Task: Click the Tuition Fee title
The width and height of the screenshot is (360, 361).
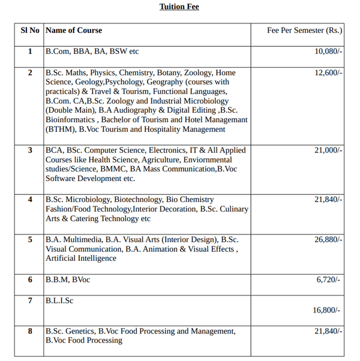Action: pyautogui.click(x=179, y=7)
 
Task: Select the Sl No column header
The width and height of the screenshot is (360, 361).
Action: pyautogui.click(x=30, y=30)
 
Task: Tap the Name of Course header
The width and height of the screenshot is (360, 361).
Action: pyautogui.click(x=74, y=30)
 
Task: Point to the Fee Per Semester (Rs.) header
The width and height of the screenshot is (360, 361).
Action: pyautogui.click(x=305, y=30)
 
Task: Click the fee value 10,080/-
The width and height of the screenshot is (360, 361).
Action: pyautogui.click(x=328, y=52)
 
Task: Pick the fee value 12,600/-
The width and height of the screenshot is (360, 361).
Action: pyautogui.click(x=328, y=73)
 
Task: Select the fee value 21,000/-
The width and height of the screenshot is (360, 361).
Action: pyautogui.click(x=328, y=150)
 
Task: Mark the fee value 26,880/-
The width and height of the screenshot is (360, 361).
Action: pyautogui.click(x=328, y=239)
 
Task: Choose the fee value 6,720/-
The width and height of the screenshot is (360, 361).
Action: pyautogui.click(x=328, y=279)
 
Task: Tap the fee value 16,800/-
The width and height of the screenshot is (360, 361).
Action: pyautogui.click(x=326, y=310)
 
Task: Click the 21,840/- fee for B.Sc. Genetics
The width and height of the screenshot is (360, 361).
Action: pyautogui.click(x=328, y=331)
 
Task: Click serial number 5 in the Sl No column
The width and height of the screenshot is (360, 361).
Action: pyautogui.click(x=30, y=239)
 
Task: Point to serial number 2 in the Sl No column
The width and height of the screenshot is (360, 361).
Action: pyautogui.click(x=30, y=73)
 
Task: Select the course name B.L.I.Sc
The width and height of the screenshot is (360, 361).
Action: pyautogui.click(x=59, y=300)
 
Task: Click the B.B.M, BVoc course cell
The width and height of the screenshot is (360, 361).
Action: pyautogui.click(x=68, y=279)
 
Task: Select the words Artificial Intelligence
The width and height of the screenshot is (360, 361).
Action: pyautogui.click(x=81, y=258)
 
